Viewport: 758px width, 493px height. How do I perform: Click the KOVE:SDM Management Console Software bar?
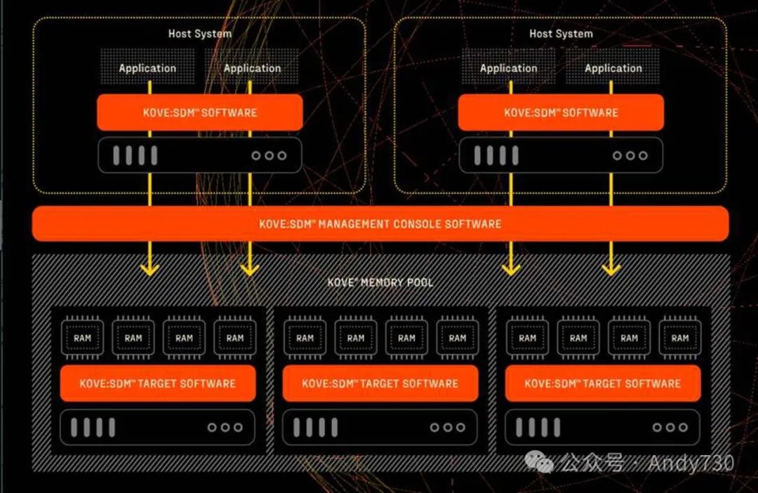point(380,224)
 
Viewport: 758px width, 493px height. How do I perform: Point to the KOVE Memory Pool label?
point(380,282)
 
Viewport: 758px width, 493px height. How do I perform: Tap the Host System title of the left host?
point(199,34)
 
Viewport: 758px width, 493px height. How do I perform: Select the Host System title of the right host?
point(561,34)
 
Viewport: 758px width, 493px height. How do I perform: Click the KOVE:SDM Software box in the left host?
point(199,112)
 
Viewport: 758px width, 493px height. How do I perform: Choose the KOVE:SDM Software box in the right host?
point(561,112)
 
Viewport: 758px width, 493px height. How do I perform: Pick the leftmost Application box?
point(147,67)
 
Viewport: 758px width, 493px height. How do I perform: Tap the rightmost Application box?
point(613,67)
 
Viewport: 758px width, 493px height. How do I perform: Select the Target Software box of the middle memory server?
point(380,383)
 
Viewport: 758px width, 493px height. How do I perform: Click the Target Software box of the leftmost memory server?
point(157,383)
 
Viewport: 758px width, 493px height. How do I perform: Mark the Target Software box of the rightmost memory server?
point(602,383)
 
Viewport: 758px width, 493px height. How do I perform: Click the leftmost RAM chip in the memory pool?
point(82,338)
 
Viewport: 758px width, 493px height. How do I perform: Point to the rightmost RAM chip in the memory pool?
point(679,338)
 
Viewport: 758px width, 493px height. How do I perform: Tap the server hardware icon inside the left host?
point(199,155)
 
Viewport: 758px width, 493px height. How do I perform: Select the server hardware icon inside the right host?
point(561,155)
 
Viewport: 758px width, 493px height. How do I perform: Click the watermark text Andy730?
point(691,464)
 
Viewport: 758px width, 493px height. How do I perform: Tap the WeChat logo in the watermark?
point(542,463)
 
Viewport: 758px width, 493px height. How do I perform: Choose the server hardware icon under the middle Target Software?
point(380,427)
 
